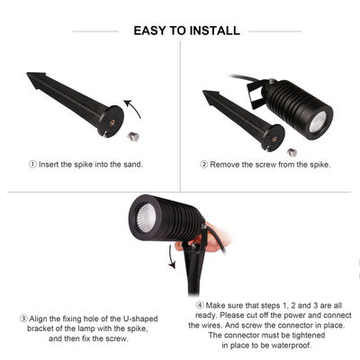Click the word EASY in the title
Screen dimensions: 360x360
click(x=152, y=31)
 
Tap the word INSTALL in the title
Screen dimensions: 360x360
click(x=215, y=31)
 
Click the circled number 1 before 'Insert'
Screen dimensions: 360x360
click(x=34, y=164)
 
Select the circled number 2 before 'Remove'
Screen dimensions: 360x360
click(x=204, y=164)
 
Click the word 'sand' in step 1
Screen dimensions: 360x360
click(x=129, y=164)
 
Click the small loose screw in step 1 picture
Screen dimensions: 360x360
click(x=133, y=136)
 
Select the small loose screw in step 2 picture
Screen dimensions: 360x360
click(x=292, y=150)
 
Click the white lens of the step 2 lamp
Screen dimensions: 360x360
click(x=318, y=122)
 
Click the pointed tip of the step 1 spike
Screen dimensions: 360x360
click(x=30, y=77)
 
